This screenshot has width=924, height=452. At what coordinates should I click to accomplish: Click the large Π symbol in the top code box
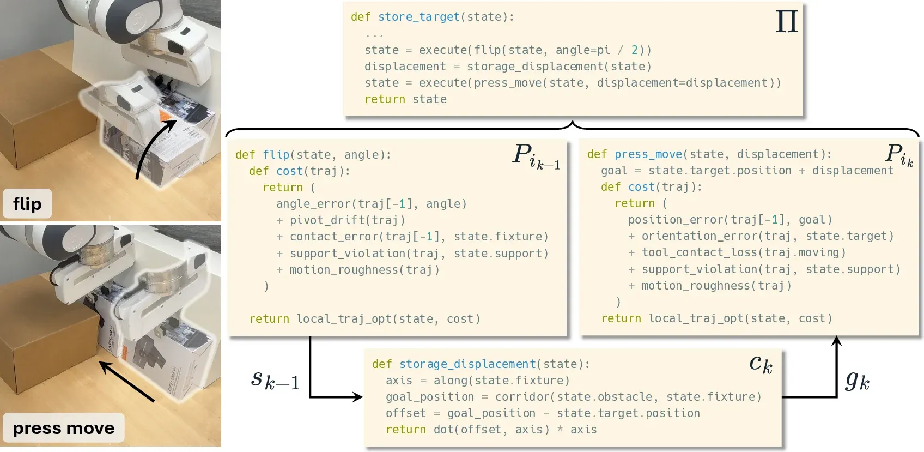coord(787,21)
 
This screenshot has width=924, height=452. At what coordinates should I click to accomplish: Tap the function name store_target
coord(418,17)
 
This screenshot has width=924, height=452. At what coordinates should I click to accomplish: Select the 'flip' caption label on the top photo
coord(27,203)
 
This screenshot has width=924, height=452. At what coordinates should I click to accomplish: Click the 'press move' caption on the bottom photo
coord(64,428)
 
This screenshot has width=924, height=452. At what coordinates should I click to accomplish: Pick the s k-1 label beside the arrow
coord(275,380)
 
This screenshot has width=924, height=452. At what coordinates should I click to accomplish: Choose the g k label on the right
coord(858,381)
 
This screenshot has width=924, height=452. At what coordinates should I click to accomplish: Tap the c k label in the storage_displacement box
coord(761,364)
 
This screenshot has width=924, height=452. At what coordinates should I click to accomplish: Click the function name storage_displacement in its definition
coord(467,364)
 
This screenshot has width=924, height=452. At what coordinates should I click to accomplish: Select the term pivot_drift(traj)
coord(348,220)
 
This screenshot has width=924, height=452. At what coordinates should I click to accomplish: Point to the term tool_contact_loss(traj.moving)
coord(744,252)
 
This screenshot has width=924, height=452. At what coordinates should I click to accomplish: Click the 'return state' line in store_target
coord(405,99)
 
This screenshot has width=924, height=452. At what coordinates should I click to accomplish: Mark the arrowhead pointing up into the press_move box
coord(836,341)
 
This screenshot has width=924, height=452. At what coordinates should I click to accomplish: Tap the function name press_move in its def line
coord(648,154)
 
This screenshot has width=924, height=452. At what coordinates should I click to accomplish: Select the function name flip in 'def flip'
coord(276,155)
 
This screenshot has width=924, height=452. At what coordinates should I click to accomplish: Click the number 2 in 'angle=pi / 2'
coord(634,50)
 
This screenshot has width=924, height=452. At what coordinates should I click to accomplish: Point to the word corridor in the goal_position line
coord(522,397)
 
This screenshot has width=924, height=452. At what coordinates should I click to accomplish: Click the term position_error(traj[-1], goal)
coord(730,220)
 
